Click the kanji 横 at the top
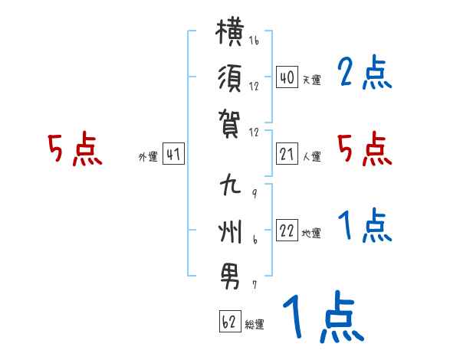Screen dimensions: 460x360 [x=230, y=32]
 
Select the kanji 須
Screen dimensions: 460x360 [x=230, y=78]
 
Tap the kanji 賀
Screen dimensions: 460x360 [x=230, y=123]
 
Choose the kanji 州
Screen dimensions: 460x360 [x=230, y=231]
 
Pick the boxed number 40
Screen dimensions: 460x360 [x=287, y=77]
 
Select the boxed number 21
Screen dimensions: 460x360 [x=287, y=154]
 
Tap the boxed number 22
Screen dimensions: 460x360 [x=287, y=230]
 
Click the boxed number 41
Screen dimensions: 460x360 [x=173, y=154]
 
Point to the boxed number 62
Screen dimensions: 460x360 [x=230, y=321]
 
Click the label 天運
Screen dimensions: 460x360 [x=312, y=80]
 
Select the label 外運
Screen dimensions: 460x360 [x=148, y=156]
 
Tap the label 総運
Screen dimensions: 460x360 [x=255, y=324]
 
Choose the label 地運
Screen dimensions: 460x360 [x=311, y=233]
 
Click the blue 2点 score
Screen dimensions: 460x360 [x=364, y=72]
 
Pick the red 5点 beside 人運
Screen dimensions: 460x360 [x=364, y=149]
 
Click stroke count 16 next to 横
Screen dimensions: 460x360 [x=254, y=40]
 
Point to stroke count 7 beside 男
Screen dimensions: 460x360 [x=255, y=285]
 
